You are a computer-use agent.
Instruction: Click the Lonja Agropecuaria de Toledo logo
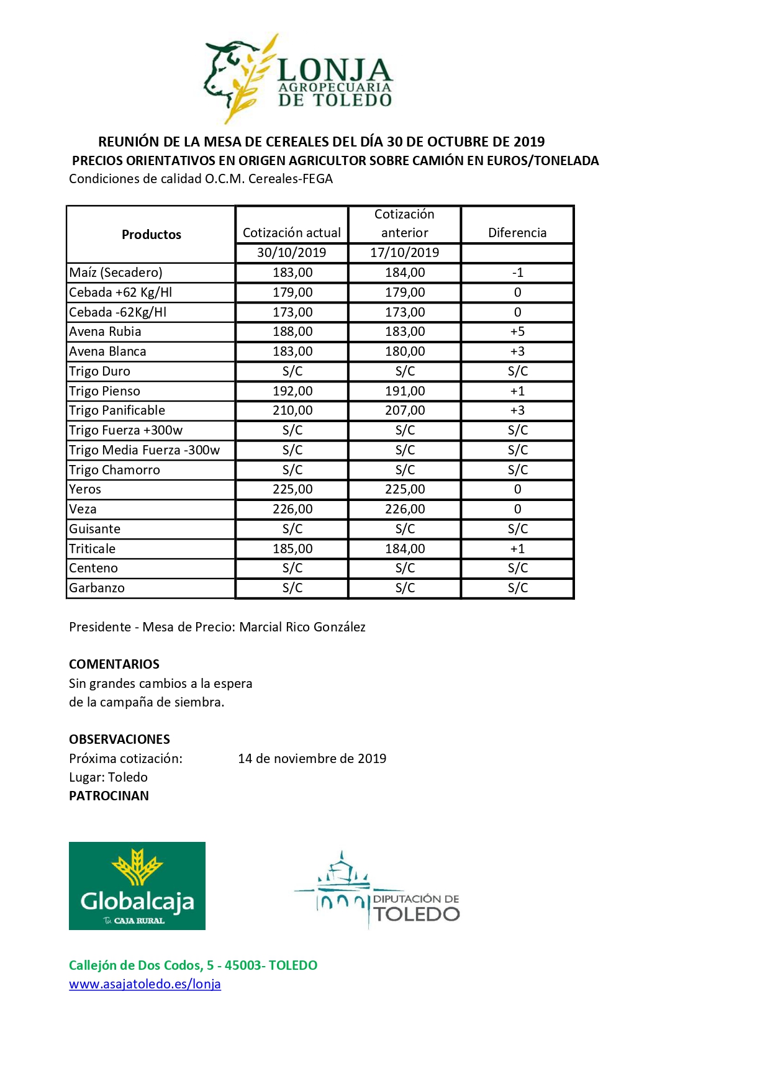coord(299,79)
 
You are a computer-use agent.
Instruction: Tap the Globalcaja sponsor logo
coord(137,885)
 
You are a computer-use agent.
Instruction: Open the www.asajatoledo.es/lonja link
coord(145,984)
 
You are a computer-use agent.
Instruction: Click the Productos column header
coord(151,235)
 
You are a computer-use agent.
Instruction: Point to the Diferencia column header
coord(517,233)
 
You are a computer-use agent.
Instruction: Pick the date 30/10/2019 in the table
coord(292,253)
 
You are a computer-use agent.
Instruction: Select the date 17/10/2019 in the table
coord(405,253)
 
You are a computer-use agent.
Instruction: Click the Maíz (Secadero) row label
coord(115,273)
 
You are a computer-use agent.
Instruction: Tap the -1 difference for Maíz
coord(517,273)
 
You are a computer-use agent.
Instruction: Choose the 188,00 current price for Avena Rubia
coord(292,332)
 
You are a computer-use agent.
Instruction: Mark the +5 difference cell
coord(517,332)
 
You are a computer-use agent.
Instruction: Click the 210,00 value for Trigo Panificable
coord(292,410)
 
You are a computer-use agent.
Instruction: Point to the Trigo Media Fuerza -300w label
coord(144,450)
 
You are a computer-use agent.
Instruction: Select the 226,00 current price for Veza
coord(292,509)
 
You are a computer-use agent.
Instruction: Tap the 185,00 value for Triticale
coord(292,549)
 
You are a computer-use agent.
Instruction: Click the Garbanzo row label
coord(97,588)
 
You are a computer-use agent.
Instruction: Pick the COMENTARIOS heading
coord(114,664)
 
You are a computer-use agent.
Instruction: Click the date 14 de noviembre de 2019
coord(312,759)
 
